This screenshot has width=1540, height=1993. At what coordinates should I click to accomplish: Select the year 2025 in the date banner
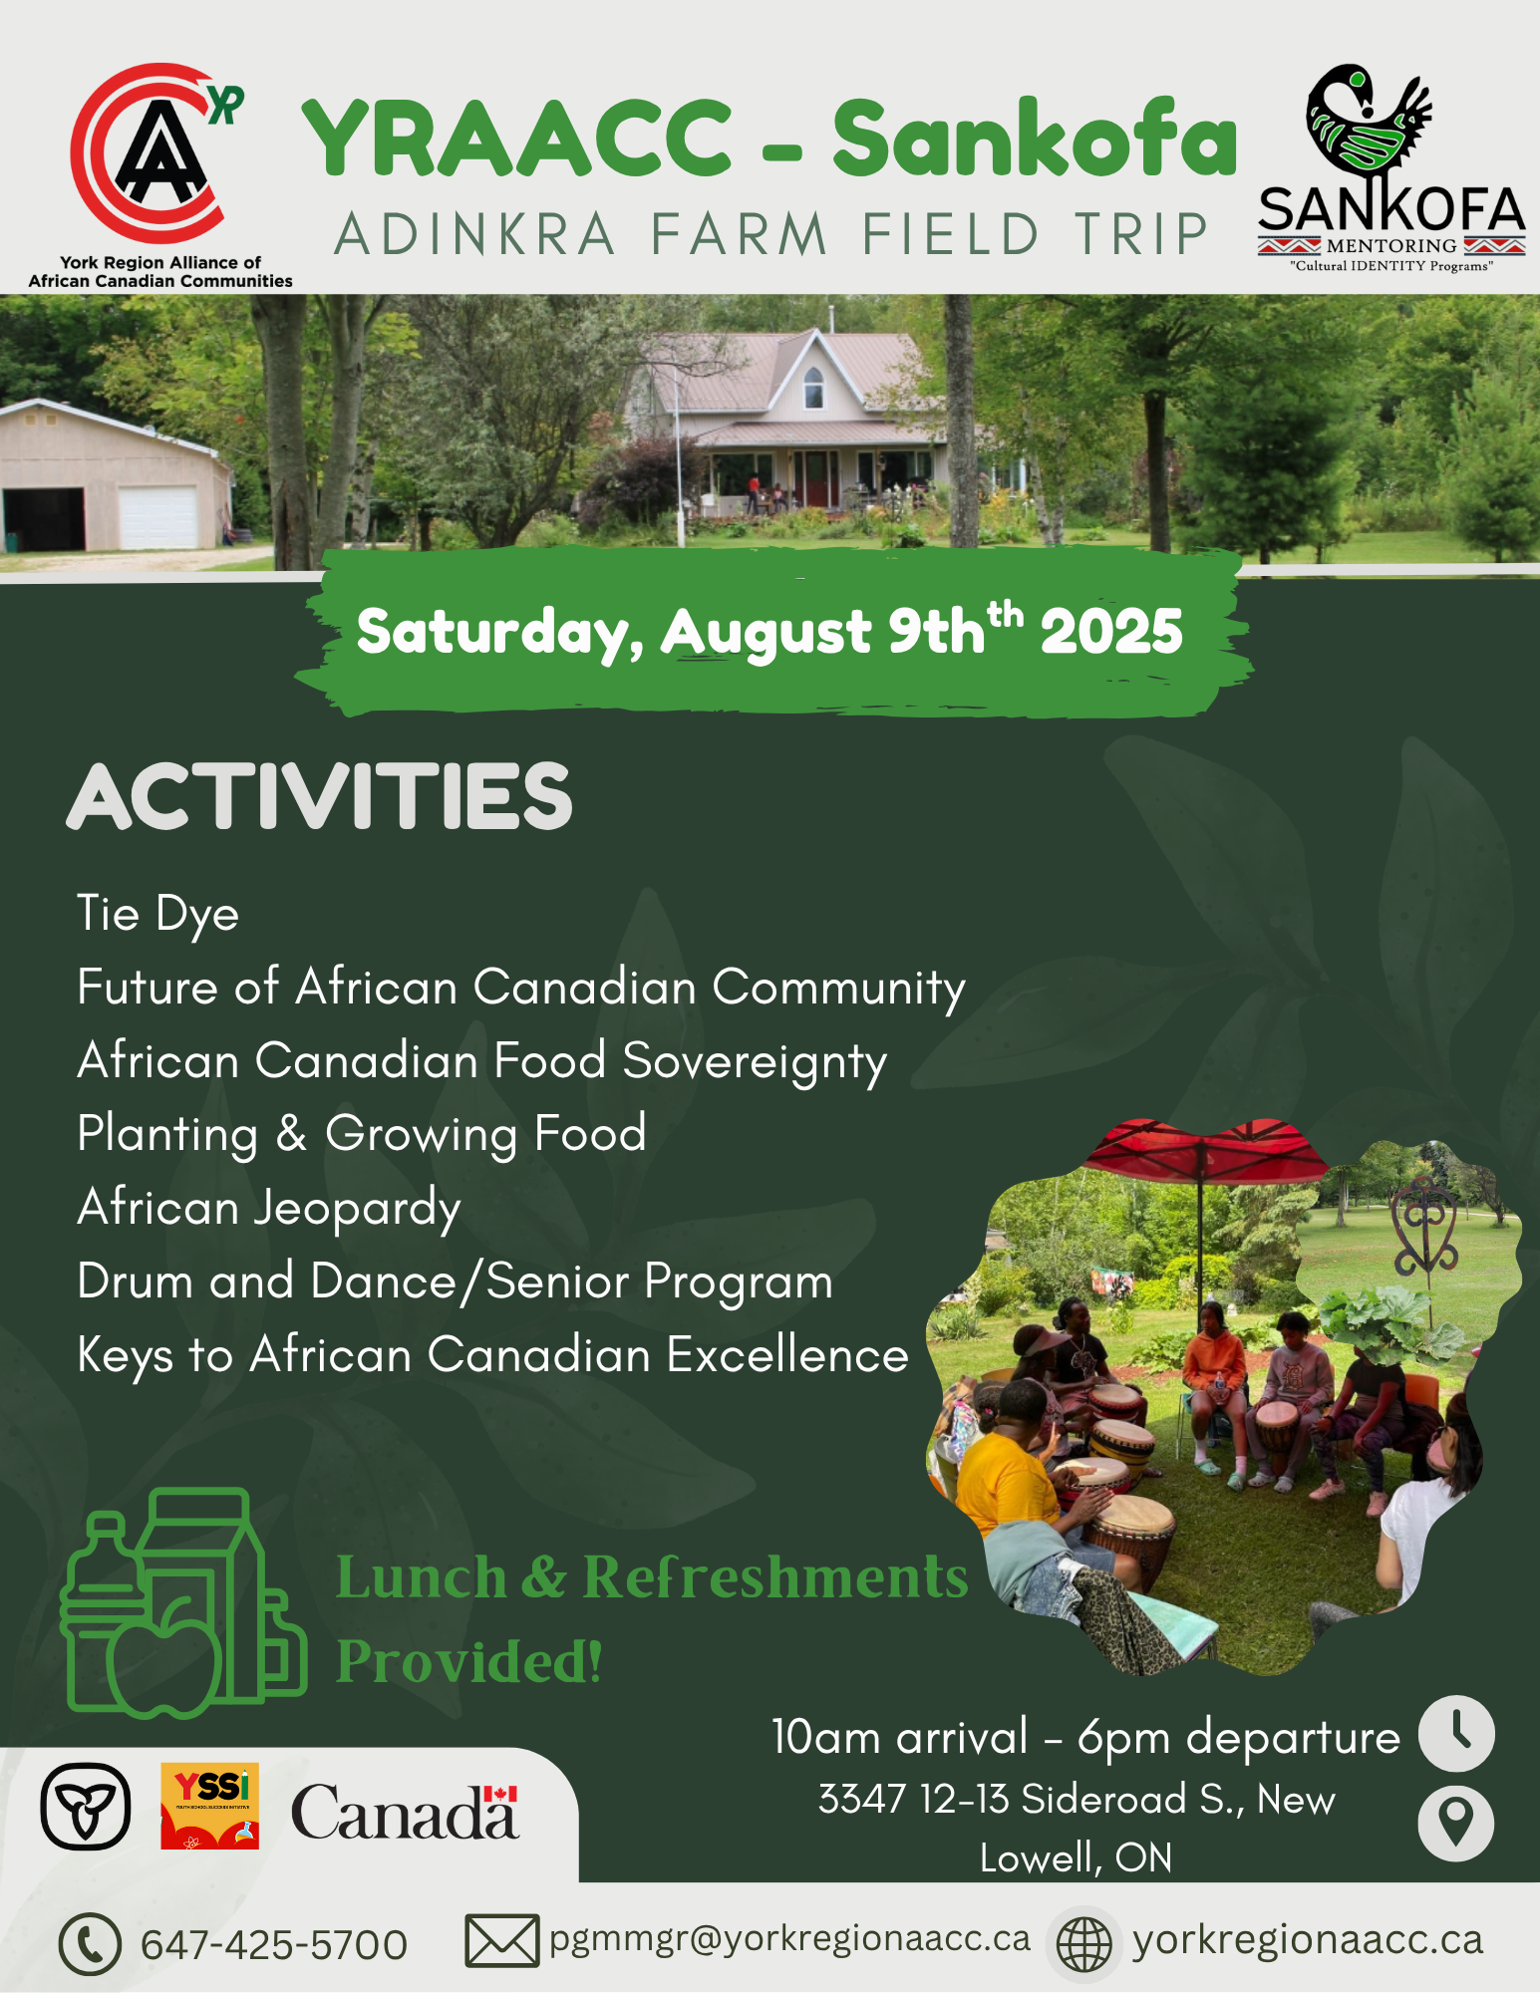pos(1111,632)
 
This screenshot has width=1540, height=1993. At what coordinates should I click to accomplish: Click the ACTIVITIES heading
pos(320,796)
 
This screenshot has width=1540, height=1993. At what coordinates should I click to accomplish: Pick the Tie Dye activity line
pos(158,915)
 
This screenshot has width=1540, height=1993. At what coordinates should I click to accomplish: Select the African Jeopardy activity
pos(269,1209)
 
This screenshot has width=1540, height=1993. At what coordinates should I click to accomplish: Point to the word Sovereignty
pos(755,1062)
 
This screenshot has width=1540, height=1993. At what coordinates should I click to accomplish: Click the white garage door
pos(158,517)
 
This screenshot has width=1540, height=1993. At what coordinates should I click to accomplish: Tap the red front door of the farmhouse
pos(815,477)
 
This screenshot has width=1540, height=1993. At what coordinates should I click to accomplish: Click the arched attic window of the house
pos(814,389)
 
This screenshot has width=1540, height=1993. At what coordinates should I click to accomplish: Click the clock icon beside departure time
pos(1456,1734)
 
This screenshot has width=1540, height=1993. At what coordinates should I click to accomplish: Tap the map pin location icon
pos(1456,1824)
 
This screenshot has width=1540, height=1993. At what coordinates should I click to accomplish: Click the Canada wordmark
pos(405,1811)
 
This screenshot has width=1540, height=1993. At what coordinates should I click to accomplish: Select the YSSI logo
pos(209,1806)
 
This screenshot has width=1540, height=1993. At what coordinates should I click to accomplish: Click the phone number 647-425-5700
pos(274,1944)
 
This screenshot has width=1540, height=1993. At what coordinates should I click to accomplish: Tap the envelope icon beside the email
pos(502,1941)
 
